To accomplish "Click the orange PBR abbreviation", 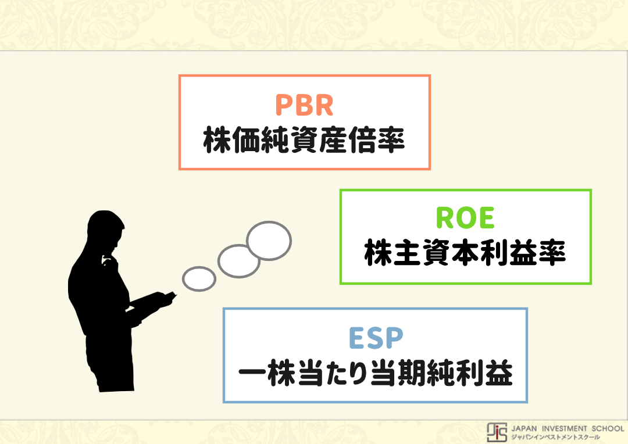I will pos(304,105).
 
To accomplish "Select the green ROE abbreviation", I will pos(465,219).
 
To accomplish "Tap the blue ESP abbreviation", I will pos(376,338).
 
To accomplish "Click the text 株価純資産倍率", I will pos(304,141).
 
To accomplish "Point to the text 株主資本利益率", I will pos(465,254).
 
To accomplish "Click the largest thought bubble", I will pos(269,239).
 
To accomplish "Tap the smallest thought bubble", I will pos(199,278).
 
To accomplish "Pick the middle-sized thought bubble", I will pos(239,261).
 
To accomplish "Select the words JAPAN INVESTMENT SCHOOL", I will pos(567,428).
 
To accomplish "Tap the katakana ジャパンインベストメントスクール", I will pos(555,437).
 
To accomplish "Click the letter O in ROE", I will pos(465,219).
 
